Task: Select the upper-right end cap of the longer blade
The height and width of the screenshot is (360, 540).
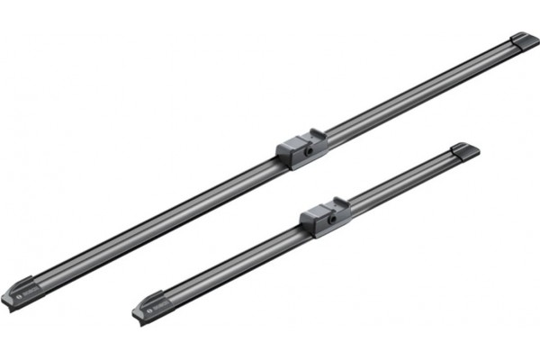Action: click(523, 41)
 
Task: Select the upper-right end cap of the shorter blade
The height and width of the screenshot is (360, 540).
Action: click(464, 150)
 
